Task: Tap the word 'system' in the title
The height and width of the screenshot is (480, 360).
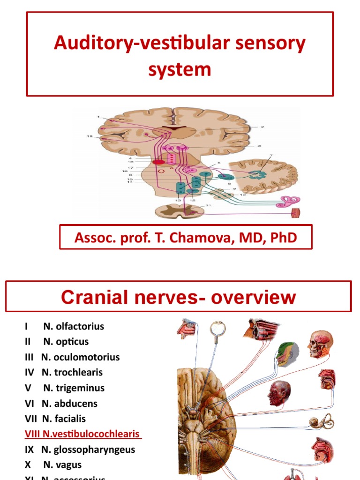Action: [180, 69]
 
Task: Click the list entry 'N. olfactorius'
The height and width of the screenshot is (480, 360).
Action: [74, 326]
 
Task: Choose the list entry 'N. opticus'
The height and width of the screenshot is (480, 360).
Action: [66, 342]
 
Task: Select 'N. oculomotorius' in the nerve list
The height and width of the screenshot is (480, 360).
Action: [80, 357]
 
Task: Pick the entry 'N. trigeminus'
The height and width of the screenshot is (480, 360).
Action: [74, 388]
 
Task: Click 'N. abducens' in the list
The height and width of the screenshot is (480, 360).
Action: [69, 404]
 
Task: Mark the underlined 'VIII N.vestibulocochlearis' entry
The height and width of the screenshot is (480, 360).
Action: [83, 434]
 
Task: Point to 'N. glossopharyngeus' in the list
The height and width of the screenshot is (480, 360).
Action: [88, 450]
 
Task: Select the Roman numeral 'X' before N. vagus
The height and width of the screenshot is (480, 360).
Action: [28, 465]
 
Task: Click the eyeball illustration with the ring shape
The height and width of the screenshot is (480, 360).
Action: [217, 330]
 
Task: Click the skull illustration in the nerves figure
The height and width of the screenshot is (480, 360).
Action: [321, 344]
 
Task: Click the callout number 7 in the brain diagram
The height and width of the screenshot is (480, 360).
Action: [270, 155]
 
